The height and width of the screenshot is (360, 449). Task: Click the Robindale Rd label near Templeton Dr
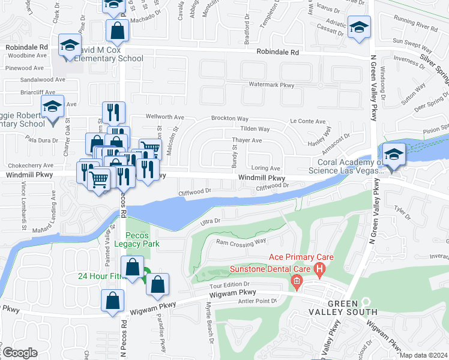[278, 52]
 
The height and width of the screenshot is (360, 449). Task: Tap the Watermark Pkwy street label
[271, 85]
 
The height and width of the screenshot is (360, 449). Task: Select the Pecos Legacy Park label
[143, 239]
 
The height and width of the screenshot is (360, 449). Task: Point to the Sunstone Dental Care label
[271, 269]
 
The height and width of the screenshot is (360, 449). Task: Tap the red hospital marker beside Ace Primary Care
[320, 269]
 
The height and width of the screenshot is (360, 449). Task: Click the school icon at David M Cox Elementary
[70, 45]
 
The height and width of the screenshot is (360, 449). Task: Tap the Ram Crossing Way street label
[241, 242]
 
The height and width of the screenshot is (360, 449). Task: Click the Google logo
[20, 353]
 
